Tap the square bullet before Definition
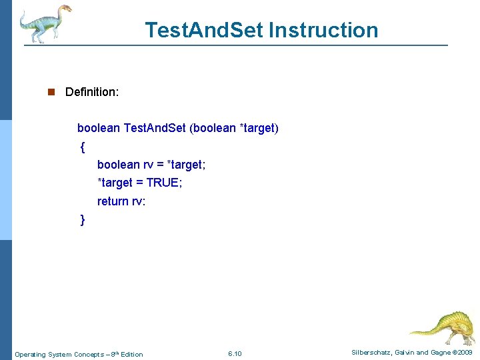(51, 92)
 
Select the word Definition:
(92, 92)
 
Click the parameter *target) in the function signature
(259, 128)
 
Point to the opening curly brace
(82, 146)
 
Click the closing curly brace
(82, 219)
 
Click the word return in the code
(113, 201)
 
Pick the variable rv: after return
(138, 201)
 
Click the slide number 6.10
(235, 353)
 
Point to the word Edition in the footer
(131, 354)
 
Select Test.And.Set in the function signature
(155, 128)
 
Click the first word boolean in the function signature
(99, 128)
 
